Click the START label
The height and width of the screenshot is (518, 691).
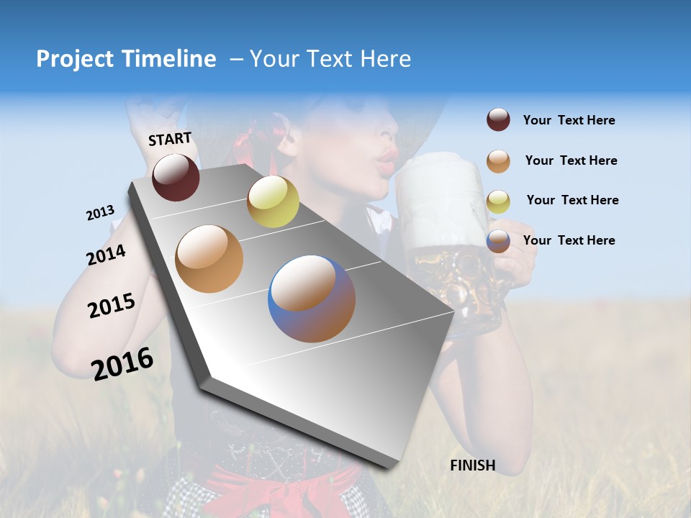(x=170, y=138)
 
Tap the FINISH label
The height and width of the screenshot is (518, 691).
(x=473, y=465)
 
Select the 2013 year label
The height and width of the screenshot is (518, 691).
(x=100, y=213)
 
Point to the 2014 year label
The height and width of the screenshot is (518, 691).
(x=106, y=255)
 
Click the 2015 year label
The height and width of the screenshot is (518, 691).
(x=112, y=306)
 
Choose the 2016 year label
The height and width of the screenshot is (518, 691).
(x=122, y=363)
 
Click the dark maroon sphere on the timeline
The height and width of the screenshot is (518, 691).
(x=176, y=177)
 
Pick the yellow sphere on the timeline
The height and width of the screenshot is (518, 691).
(x=273, y=201)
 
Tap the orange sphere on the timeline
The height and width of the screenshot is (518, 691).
(x=209, y=259)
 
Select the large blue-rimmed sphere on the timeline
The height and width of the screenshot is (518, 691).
(x=312, y=299)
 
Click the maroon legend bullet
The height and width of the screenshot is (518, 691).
(x=498, y=120)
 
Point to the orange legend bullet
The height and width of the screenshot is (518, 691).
(x=498, y=161)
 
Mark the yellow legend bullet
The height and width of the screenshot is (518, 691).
(x=498, y=201)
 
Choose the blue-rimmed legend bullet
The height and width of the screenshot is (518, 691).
(x=498, y=241)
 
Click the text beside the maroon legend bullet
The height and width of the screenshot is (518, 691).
(x=569, y=121)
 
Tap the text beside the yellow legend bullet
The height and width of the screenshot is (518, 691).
(x=572, y=200)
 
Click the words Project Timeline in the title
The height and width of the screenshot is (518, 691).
(x=126, y=59)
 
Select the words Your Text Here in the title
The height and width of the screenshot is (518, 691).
(x=330, y=59)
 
